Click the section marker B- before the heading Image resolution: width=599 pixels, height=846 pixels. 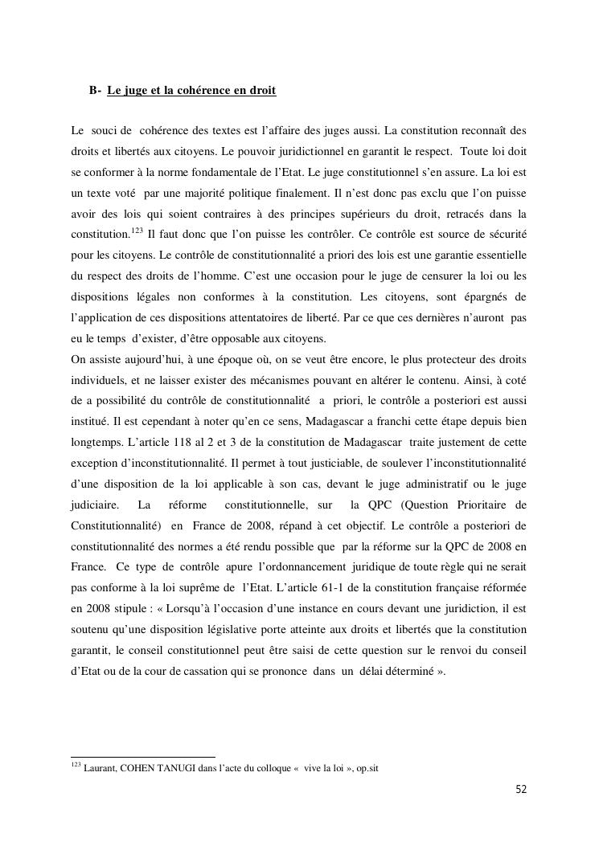click(x=95, y=92)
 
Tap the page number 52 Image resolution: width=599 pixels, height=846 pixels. click(x=521, y=789)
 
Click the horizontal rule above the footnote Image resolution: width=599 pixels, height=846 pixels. click(x=143, y=757)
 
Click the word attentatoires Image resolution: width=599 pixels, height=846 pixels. click(x=277, y=318)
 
